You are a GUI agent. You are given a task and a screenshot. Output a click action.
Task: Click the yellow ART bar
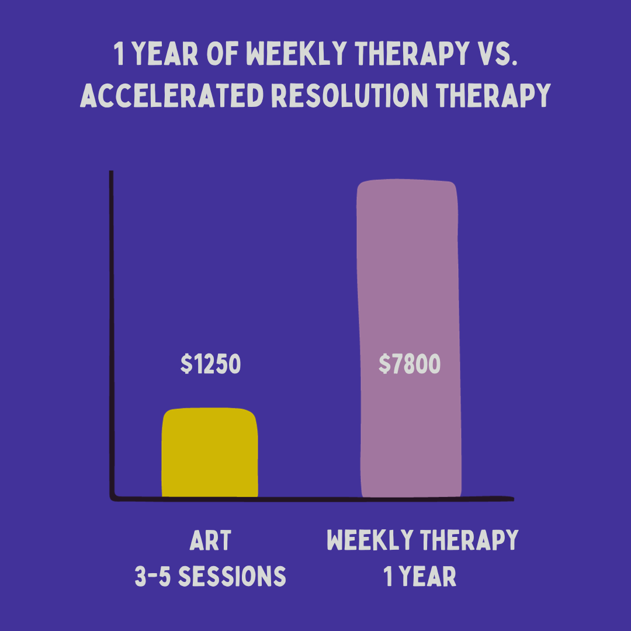[210, 453]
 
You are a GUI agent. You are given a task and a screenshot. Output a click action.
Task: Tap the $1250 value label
[210, 365]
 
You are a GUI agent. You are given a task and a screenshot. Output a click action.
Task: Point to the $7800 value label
[409, 365]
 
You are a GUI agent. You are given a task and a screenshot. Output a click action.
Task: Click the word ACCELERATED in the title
[171, 94]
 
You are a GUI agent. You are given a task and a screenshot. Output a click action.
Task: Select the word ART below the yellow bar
[210, 541]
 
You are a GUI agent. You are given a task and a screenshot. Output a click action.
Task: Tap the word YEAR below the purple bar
[429, 577]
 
